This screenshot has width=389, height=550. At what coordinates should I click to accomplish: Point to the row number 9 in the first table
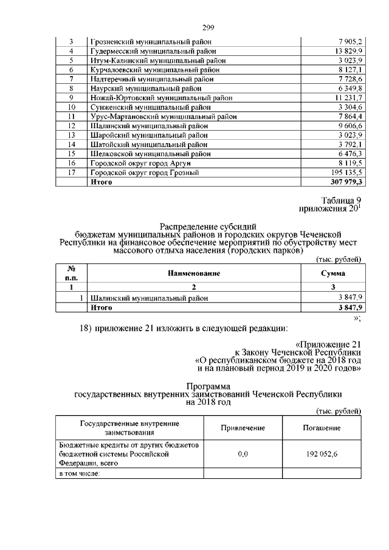[71, 98]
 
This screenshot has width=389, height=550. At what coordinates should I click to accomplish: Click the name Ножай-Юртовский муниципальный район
[157, 98]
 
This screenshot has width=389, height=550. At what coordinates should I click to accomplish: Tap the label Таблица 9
[341, 201]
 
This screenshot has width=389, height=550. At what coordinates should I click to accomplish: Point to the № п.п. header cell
[71, 274]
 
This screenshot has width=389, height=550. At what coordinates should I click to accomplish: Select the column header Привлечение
[243, 428]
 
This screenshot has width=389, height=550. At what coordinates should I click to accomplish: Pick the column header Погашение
[322, 428]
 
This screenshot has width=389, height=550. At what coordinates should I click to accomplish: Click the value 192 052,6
[322, 453]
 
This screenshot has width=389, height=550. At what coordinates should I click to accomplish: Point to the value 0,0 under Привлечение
[243, 453]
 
